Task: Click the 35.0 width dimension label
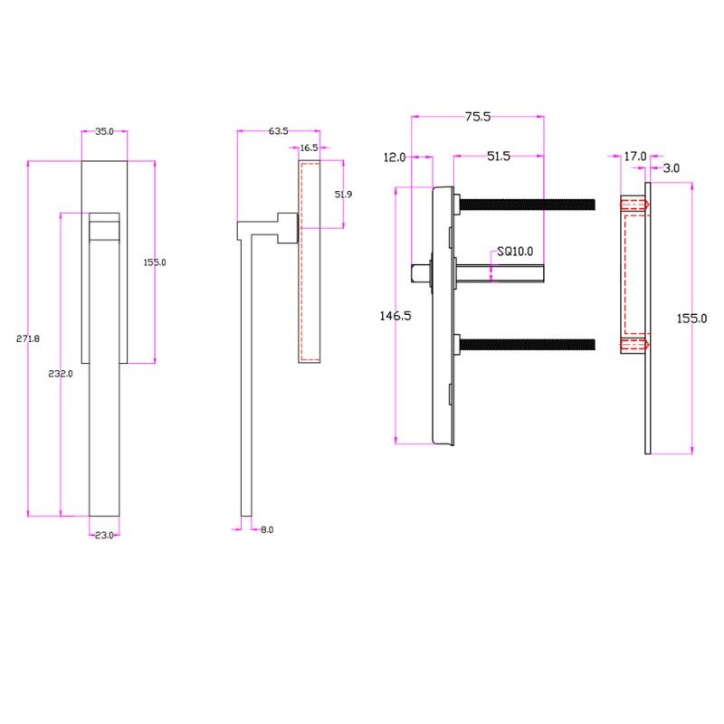104,131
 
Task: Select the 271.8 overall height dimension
28,338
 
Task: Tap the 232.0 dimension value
61,374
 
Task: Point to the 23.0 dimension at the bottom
104,536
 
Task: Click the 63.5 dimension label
279,131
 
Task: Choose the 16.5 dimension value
309,148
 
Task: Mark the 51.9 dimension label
344,195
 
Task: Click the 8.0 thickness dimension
267,529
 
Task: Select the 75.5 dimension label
478,117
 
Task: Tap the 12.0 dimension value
395,157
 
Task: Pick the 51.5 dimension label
499,156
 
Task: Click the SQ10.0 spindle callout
515,252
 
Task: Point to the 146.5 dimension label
395,316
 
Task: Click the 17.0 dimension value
635,157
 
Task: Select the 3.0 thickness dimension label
672,168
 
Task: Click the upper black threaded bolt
528,205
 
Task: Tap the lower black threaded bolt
528,345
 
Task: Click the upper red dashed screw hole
635,205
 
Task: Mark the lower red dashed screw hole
635,345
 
